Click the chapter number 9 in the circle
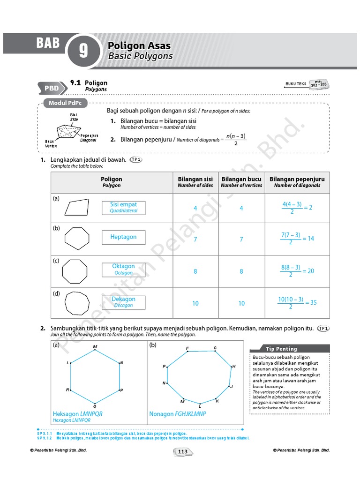pos(83,51)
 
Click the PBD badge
pos(52,88)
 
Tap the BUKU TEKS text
pos(295,84)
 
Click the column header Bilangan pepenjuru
pos(297,182)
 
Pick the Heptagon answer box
pos(123,237)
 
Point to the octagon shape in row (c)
pos(75,271)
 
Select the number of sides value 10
pos(195,303)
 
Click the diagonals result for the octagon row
pos(297,271)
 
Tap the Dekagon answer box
pos(123,302)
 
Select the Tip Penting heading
pos(281,349)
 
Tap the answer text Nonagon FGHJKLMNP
pos(177,414)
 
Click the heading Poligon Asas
pos(139,46)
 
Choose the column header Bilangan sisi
pos(195,182)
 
